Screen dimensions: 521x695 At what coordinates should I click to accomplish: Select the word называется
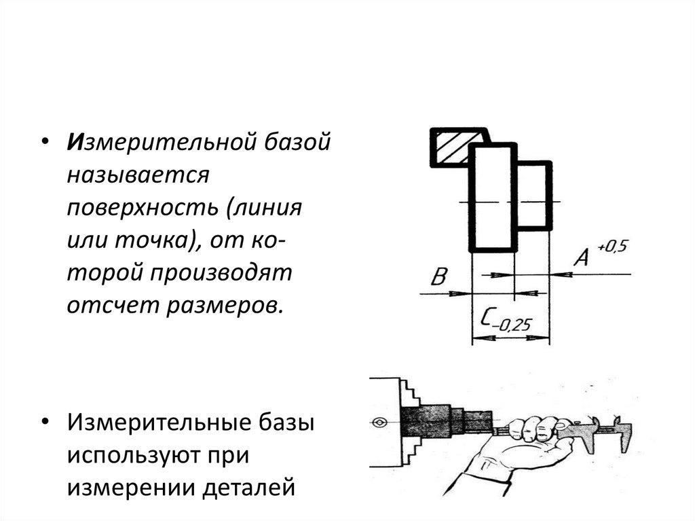(x=136, y=176)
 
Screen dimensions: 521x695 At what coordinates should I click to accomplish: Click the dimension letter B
(x=440, y=277)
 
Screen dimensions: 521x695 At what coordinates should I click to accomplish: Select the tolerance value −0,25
(x=513, y=325)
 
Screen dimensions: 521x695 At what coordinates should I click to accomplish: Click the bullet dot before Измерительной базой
(x=44, y=145)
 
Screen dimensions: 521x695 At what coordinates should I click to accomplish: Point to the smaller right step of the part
(x=533, y=196)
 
